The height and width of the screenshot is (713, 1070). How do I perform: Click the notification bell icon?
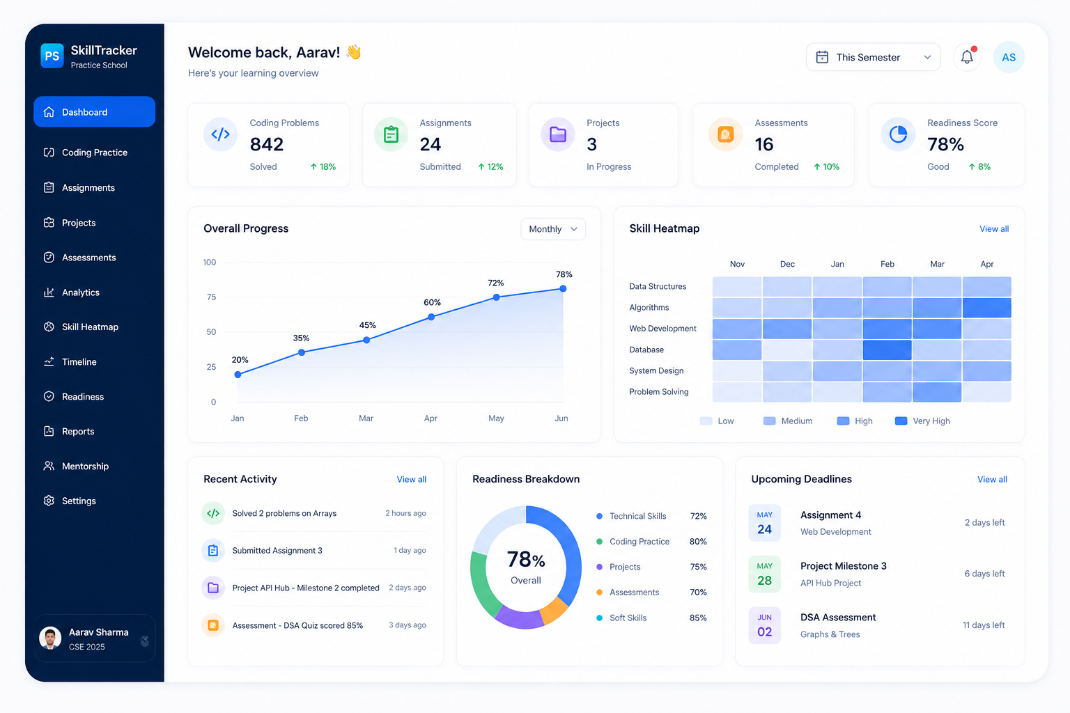pos(966,57)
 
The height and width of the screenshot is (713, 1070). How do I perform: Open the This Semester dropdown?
pos(873,57)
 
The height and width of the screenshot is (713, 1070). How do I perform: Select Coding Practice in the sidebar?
pos(95,152)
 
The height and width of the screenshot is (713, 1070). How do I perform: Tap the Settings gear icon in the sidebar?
pos(49,501)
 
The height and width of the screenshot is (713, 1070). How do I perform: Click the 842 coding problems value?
pos(267,144)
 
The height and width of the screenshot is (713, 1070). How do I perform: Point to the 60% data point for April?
pos(431,317)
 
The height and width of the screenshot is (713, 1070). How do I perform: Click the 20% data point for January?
pos(238,375)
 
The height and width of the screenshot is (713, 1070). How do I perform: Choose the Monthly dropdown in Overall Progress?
pos(552,229)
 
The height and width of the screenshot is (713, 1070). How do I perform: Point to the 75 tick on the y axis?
pos(211,297)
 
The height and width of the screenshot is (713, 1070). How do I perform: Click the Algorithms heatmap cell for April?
pos(986,308)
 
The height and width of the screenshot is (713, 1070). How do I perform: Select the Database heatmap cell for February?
pos(887,350)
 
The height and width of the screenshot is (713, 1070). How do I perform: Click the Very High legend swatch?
pos(901,421)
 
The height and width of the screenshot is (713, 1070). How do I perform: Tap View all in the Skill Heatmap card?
pos(994,229)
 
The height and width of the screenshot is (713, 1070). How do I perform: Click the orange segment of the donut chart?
pos(554,611)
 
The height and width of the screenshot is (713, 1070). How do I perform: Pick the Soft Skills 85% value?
pos(698,618)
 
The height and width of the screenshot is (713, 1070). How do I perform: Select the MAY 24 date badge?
pos(764,523)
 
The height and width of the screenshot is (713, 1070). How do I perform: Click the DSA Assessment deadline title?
pos(838,617)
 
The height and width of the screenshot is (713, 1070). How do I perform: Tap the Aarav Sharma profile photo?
pos(50,638)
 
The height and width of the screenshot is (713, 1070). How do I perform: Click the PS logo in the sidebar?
pos(52,56)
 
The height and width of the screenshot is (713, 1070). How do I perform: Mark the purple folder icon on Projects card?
pos(557,134)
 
